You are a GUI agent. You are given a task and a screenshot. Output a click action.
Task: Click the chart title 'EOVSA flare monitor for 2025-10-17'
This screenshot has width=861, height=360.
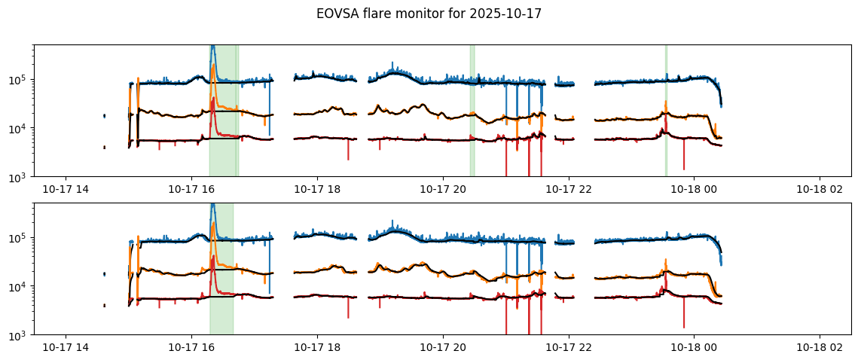tap(429, 14)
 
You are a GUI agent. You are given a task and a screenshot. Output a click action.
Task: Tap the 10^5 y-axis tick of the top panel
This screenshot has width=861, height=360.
tap(17, 80)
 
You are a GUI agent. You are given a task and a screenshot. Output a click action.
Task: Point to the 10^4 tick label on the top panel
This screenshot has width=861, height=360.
tap(17, 128)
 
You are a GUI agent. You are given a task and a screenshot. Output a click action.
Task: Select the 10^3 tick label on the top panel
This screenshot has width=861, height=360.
tap(17, 177)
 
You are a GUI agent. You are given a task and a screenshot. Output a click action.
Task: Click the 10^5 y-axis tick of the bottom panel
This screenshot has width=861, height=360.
tap(17, 238)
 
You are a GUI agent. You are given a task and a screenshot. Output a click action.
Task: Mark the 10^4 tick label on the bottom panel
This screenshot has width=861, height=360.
tap(17, 286)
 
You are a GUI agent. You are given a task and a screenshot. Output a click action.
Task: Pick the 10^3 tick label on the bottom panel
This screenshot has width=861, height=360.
tap(17, 335)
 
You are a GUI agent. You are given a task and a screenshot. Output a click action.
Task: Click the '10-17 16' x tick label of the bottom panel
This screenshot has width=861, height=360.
tap(191, 349)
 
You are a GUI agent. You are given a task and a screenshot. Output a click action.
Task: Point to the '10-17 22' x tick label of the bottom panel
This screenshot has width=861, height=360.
tap(568, 349)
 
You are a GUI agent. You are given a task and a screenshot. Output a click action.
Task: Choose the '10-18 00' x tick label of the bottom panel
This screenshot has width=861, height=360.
tap(693, 349)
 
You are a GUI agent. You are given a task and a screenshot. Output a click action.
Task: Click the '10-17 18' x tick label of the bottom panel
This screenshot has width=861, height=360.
tap(316, 349)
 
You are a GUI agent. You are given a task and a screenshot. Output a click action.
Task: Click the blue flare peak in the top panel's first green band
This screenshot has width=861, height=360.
tap(212, 47)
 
